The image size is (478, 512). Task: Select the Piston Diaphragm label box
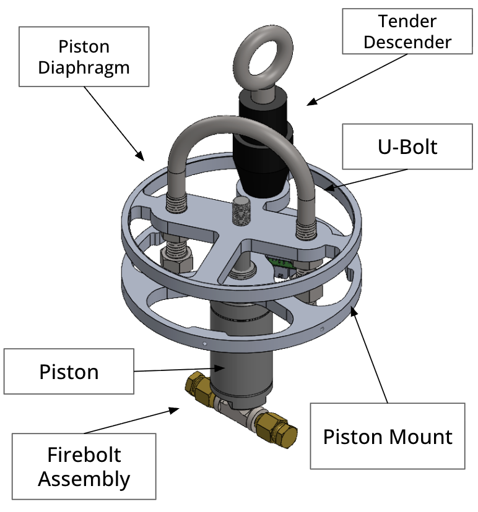tap(84, 57)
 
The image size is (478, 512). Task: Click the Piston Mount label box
tap(388, 437)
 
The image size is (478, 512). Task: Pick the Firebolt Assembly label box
tap(84, 467)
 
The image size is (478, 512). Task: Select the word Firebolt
tap(84, 456)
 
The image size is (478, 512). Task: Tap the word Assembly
tap(84, 479)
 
